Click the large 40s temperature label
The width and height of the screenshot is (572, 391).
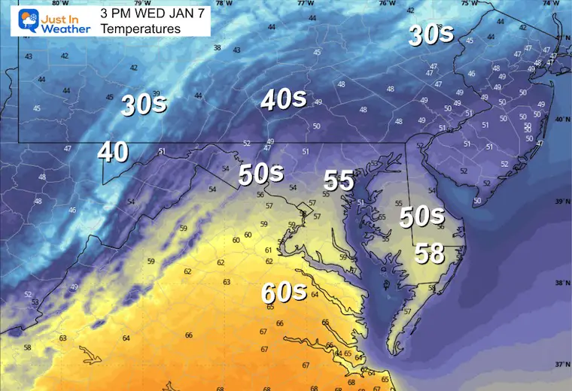coord(284,99)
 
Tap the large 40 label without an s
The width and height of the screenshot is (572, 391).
coord(113,153)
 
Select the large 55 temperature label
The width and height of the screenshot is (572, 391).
coord(339,180)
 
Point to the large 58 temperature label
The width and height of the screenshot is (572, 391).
coord(430,253)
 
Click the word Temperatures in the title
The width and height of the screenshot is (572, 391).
coord(141,29)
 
